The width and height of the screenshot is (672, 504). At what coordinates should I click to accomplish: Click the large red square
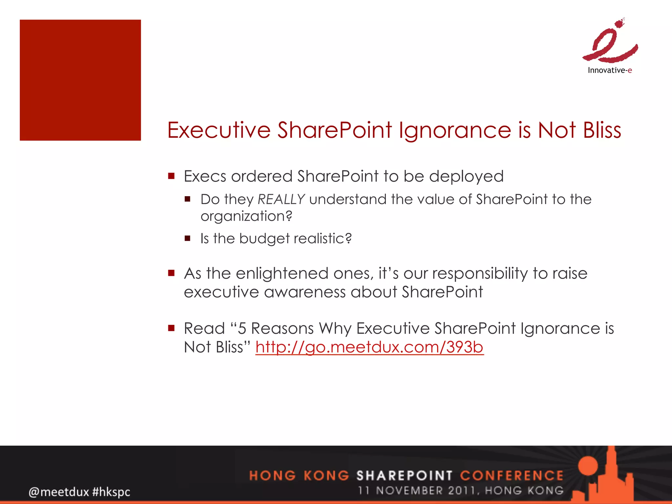click(80, 80)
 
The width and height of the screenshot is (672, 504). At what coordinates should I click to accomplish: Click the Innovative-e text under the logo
click(610, 70)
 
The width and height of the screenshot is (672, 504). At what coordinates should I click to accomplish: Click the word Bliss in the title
click(602, 130)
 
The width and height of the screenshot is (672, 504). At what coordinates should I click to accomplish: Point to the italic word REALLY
click(281, 199)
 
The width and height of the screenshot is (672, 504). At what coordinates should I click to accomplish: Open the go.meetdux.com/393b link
click(369, 347)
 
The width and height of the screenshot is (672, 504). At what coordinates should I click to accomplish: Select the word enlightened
click(282, 273)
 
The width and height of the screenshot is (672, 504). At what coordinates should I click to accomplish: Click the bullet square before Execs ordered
click(171, 176)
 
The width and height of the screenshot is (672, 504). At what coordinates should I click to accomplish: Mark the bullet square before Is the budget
click(188, 238)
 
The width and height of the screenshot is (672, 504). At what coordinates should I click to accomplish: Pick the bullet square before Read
click(171, 328)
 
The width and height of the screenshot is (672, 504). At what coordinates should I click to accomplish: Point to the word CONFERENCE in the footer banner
click(512, 475)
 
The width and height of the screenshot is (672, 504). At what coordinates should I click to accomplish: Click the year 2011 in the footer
click(462, 491)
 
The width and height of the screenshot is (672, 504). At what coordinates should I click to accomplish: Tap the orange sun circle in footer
click(589, 466)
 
